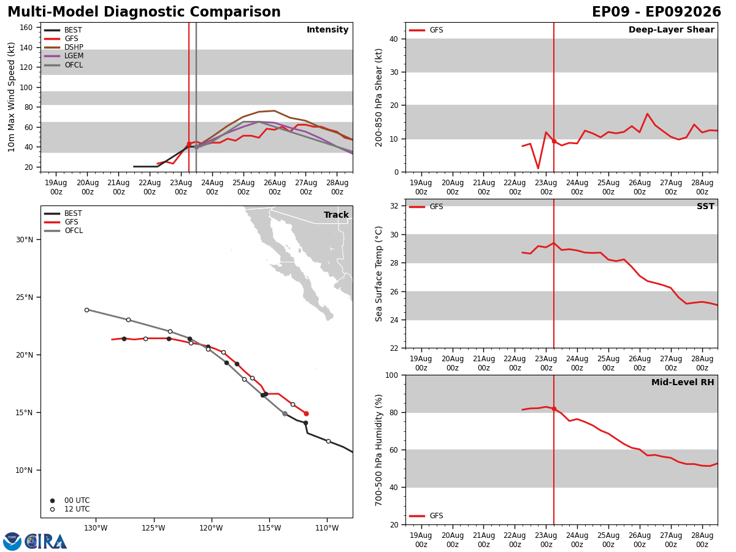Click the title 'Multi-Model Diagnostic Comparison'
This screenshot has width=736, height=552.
144,12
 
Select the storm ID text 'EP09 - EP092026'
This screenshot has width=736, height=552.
656,12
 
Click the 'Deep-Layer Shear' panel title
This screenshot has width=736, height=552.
671,29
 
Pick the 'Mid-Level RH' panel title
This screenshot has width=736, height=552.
683,382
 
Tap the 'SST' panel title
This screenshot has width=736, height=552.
705,206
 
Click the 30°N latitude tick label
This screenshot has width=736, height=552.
25,240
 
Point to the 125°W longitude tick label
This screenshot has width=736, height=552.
154,528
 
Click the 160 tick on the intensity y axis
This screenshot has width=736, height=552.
26,28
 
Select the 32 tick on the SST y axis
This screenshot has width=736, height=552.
394,206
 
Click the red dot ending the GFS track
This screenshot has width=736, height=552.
306,414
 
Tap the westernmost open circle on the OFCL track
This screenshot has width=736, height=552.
87,310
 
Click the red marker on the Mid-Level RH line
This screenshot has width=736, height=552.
554,409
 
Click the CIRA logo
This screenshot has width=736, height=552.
35,542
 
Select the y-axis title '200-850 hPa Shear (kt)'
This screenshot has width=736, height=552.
378,98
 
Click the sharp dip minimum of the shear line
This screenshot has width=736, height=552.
538,168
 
